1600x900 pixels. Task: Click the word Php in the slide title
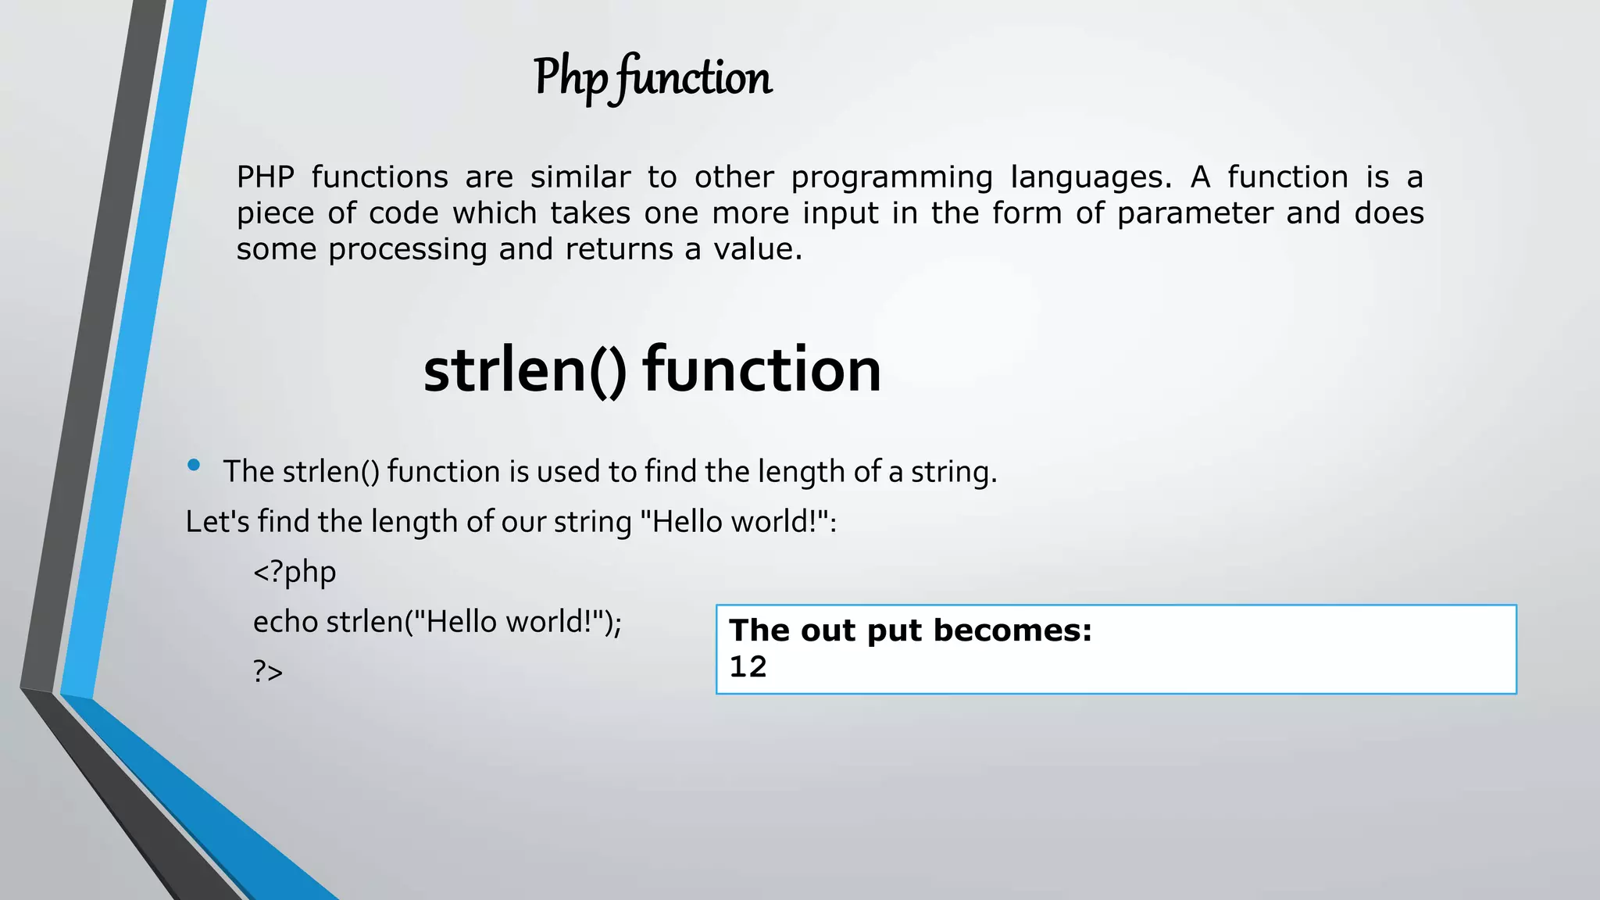click(x=570, y=78)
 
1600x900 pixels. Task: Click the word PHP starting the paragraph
click(x=266, y=177)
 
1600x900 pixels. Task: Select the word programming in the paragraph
click(x=891, y=178)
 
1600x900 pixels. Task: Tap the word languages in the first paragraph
click(x=1091, y=178)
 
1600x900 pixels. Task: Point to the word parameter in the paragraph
click(x=1195, y=214)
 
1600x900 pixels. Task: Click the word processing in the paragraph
click(x=407, y=250)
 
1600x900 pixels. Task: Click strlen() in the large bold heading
click(x=524, y=370)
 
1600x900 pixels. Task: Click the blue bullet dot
click(x=194, y=466)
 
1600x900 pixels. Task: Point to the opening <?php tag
click(x=295, y=573)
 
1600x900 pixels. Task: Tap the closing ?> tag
click(x=268, y=672)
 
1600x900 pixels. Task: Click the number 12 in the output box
click(x=748, y=667)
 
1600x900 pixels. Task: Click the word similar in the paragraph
click(x=580, y=177)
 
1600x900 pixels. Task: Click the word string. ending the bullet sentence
click(x=954, y=473)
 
